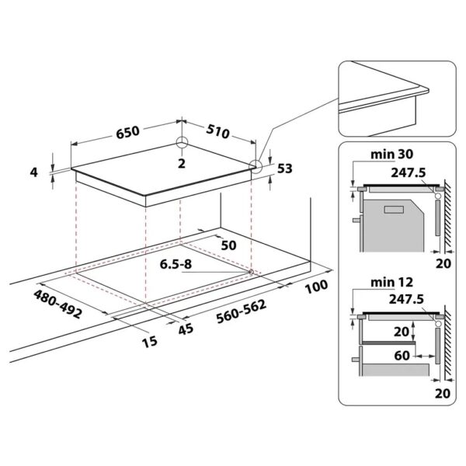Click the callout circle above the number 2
(181, 143)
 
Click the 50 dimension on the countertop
(228, 245)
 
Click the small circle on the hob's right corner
(256, 164)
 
